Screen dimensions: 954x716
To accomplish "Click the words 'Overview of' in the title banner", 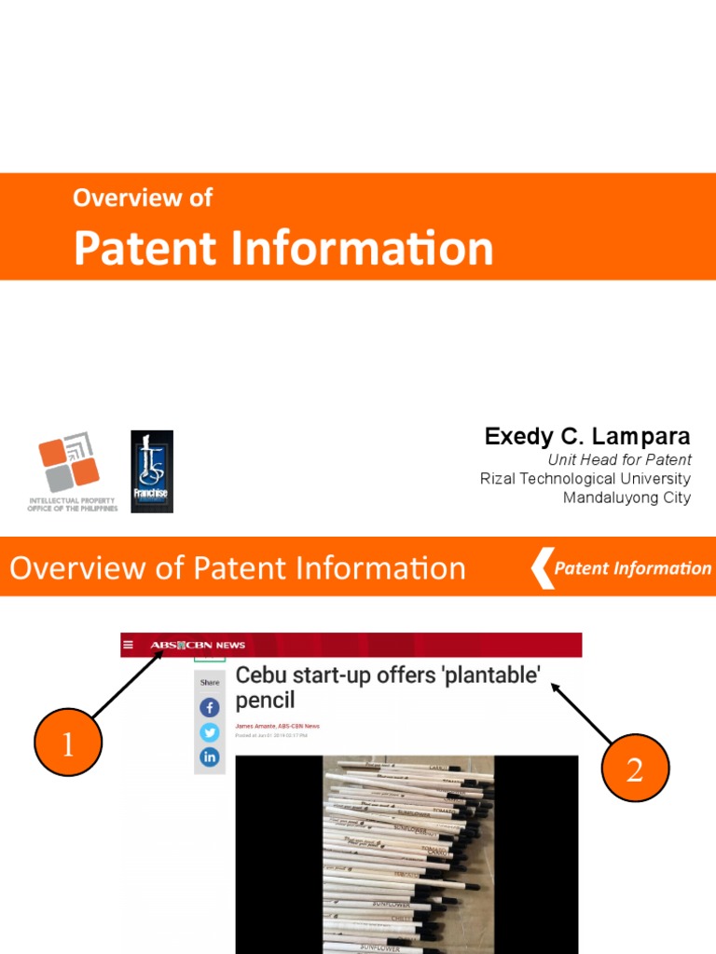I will pyautogui.click(x=143, y=198).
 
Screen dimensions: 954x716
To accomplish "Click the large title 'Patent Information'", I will pyautogui.click(x=283, y=248).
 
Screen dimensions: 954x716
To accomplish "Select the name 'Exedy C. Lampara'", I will pyautogui.click(x=587, y=436).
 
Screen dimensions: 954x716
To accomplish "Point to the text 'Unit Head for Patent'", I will pyautogui.click(x=619, y=459).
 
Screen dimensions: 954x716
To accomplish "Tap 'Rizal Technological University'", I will pyautogui.click(x=585, y=479).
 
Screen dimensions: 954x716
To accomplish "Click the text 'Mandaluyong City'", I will pyautogui.click(x=626, y=497).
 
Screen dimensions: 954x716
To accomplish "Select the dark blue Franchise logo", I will pyautogui.click(x=152, y=470).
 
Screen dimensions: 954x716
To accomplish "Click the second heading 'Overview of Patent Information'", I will pyautogui.click(x=238, y=567).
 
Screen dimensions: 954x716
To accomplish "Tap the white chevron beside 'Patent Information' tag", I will pyautogui.click(x=542, y=568).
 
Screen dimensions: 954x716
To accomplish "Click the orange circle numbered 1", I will pyautogui.click(x=68, y=743).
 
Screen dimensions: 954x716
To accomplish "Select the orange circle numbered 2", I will pyautogui.click(x=635, y=768).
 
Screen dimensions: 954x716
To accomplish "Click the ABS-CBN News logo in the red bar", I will pyautogui.click(x=198, y=645).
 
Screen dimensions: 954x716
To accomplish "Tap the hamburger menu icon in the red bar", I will pyautogui.click(x=129, y=645).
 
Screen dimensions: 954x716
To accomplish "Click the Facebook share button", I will pyautogui.click(x=210, y=708).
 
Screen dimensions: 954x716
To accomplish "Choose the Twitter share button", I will pyautogui.click(x=210, y=732).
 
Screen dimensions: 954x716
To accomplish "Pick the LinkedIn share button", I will pyautogui.click(x=210, y=756).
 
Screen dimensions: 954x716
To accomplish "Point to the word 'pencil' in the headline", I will pyautogui.click(x=265, y=700).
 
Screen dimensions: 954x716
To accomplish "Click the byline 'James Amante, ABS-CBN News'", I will pyautogui.click(x=277, y=726).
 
